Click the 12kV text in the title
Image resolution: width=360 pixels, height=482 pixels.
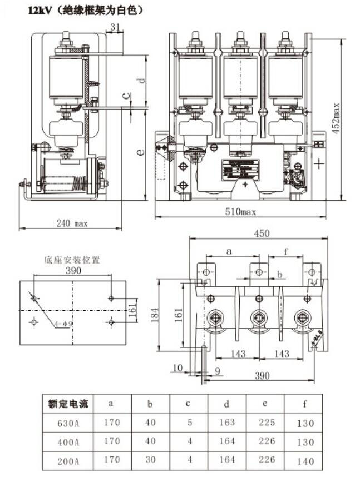point(31,10)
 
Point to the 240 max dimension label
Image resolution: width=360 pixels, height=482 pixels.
point(73,223)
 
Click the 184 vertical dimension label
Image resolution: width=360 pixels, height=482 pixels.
point(160,314)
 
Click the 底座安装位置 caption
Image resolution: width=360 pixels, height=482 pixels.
point(72,260)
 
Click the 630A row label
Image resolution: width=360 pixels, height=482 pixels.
point(68,423)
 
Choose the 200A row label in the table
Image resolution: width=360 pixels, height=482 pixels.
point(68,461)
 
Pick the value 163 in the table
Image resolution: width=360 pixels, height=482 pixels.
point(227,423)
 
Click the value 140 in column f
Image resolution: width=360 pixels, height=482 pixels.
point(305,461)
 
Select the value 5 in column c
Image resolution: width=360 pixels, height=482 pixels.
point(189,423)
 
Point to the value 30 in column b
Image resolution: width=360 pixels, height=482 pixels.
point(150,461)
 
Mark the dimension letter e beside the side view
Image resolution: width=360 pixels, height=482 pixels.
point(141,152)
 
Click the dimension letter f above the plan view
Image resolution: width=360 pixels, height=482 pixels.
point(285,251)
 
